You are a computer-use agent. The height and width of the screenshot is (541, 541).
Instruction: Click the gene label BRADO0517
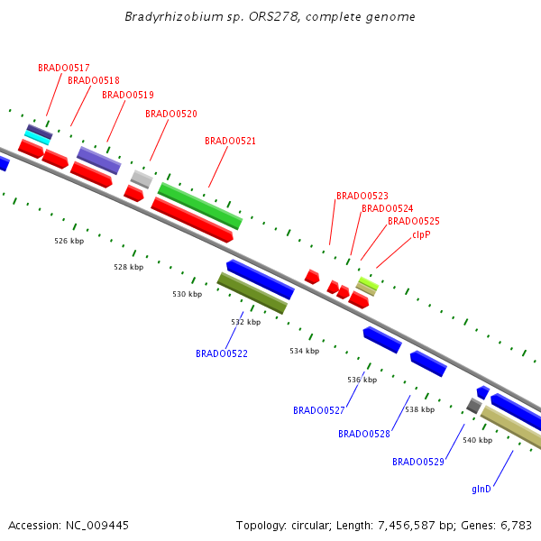(64, 68)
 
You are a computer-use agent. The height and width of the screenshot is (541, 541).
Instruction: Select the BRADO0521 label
(230, 141)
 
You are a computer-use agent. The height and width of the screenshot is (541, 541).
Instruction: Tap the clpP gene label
(421, 235)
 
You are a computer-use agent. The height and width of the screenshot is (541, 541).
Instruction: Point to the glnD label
(481, 489)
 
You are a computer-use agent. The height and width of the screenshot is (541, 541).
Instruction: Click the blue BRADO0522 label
(222, 353)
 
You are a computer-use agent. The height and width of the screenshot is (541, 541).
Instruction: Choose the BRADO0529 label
(418, 462)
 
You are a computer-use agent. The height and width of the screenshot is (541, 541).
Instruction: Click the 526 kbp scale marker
(69, 241)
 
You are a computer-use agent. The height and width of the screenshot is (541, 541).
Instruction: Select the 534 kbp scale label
(305, 351)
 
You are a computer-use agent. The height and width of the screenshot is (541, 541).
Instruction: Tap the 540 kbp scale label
(478, 440)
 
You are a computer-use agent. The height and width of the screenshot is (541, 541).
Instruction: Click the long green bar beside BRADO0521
(200, 206)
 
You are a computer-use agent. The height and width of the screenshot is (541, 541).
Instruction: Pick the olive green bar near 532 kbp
(252, 293)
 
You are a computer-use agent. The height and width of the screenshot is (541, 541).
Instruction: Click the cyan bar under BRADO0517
(37, 138)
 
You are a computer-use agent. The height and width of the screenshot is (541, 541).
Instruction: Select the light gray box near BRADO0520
(142, 179)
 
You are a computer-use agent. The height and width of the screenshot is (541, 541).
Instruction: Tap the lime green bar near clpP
(368, 283)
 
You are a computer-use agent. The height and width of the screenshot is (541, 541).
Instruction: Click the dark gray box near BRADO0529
(474, 406)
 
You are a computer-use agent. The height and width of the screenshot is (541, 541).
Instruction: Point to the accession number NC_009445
(97, 526)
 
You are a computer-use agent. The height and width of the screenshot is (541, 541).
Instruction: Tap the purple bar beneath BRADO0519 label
(99, 160)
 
